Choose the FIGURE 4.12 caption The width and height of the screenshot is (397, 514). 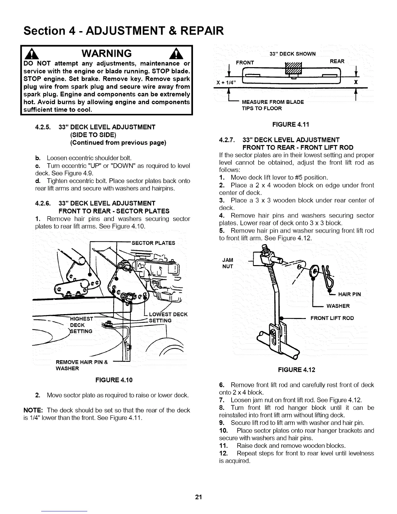[296, 370]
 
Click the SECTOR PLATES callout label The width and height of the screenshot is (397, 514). [153, 243]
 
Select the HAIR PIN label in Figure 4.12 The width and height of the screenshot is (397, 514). [349, 294]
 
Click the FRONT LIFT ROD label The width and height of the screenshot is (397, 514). [332, 318]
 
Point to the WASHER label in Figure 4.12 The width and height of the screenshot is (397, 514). [338, 306]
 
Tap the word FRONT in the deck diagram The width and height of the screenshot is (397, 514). [245, 62]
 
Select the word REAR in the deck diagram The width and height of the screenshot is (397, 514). [337, 62]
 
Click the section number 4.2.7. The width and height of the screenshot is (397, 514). [228, 140]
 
